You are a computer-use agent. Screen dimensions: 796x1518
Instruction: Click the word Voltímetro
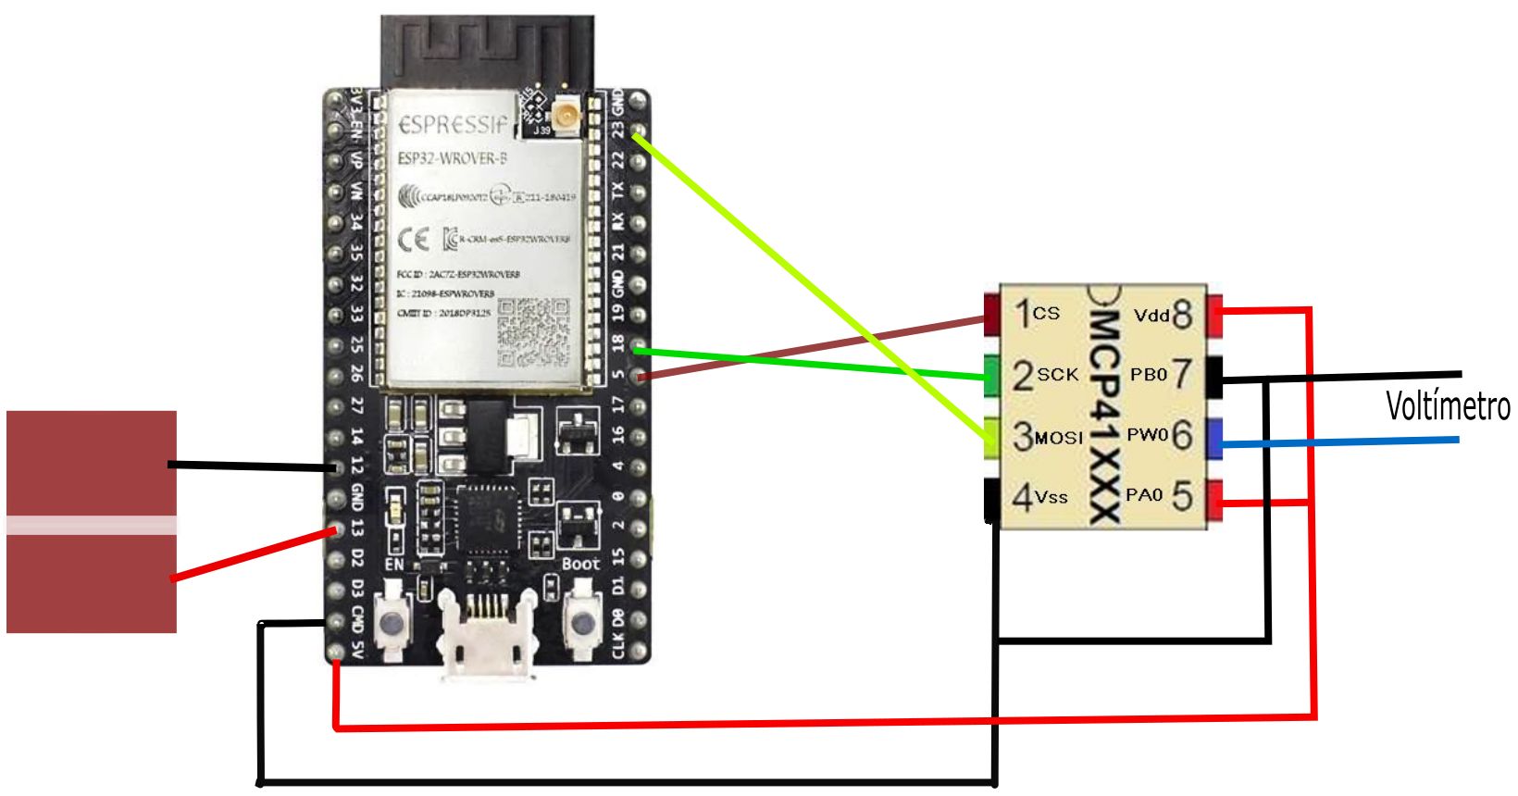[1448, 406]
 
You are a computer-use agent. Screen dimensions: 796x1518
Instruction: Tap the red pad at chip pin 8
[1214, 315]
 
